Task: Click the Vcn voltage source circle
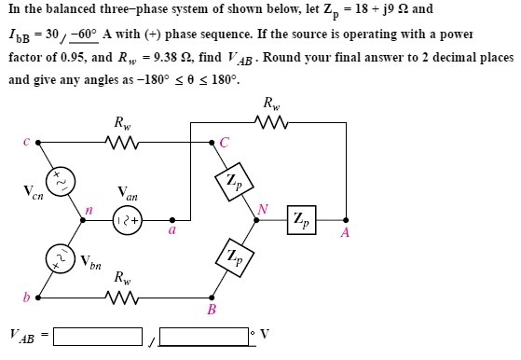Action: tap(63, 178)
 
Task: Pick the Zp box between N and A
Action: tap(301, 221)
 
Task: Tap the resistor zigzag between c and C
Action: tap(122, 143)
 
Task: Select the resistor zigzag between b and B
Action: tap(122, 298)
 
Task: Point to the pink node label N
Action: tap(264, 210)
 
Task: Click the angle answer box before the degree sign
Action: tap(202, 334)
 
